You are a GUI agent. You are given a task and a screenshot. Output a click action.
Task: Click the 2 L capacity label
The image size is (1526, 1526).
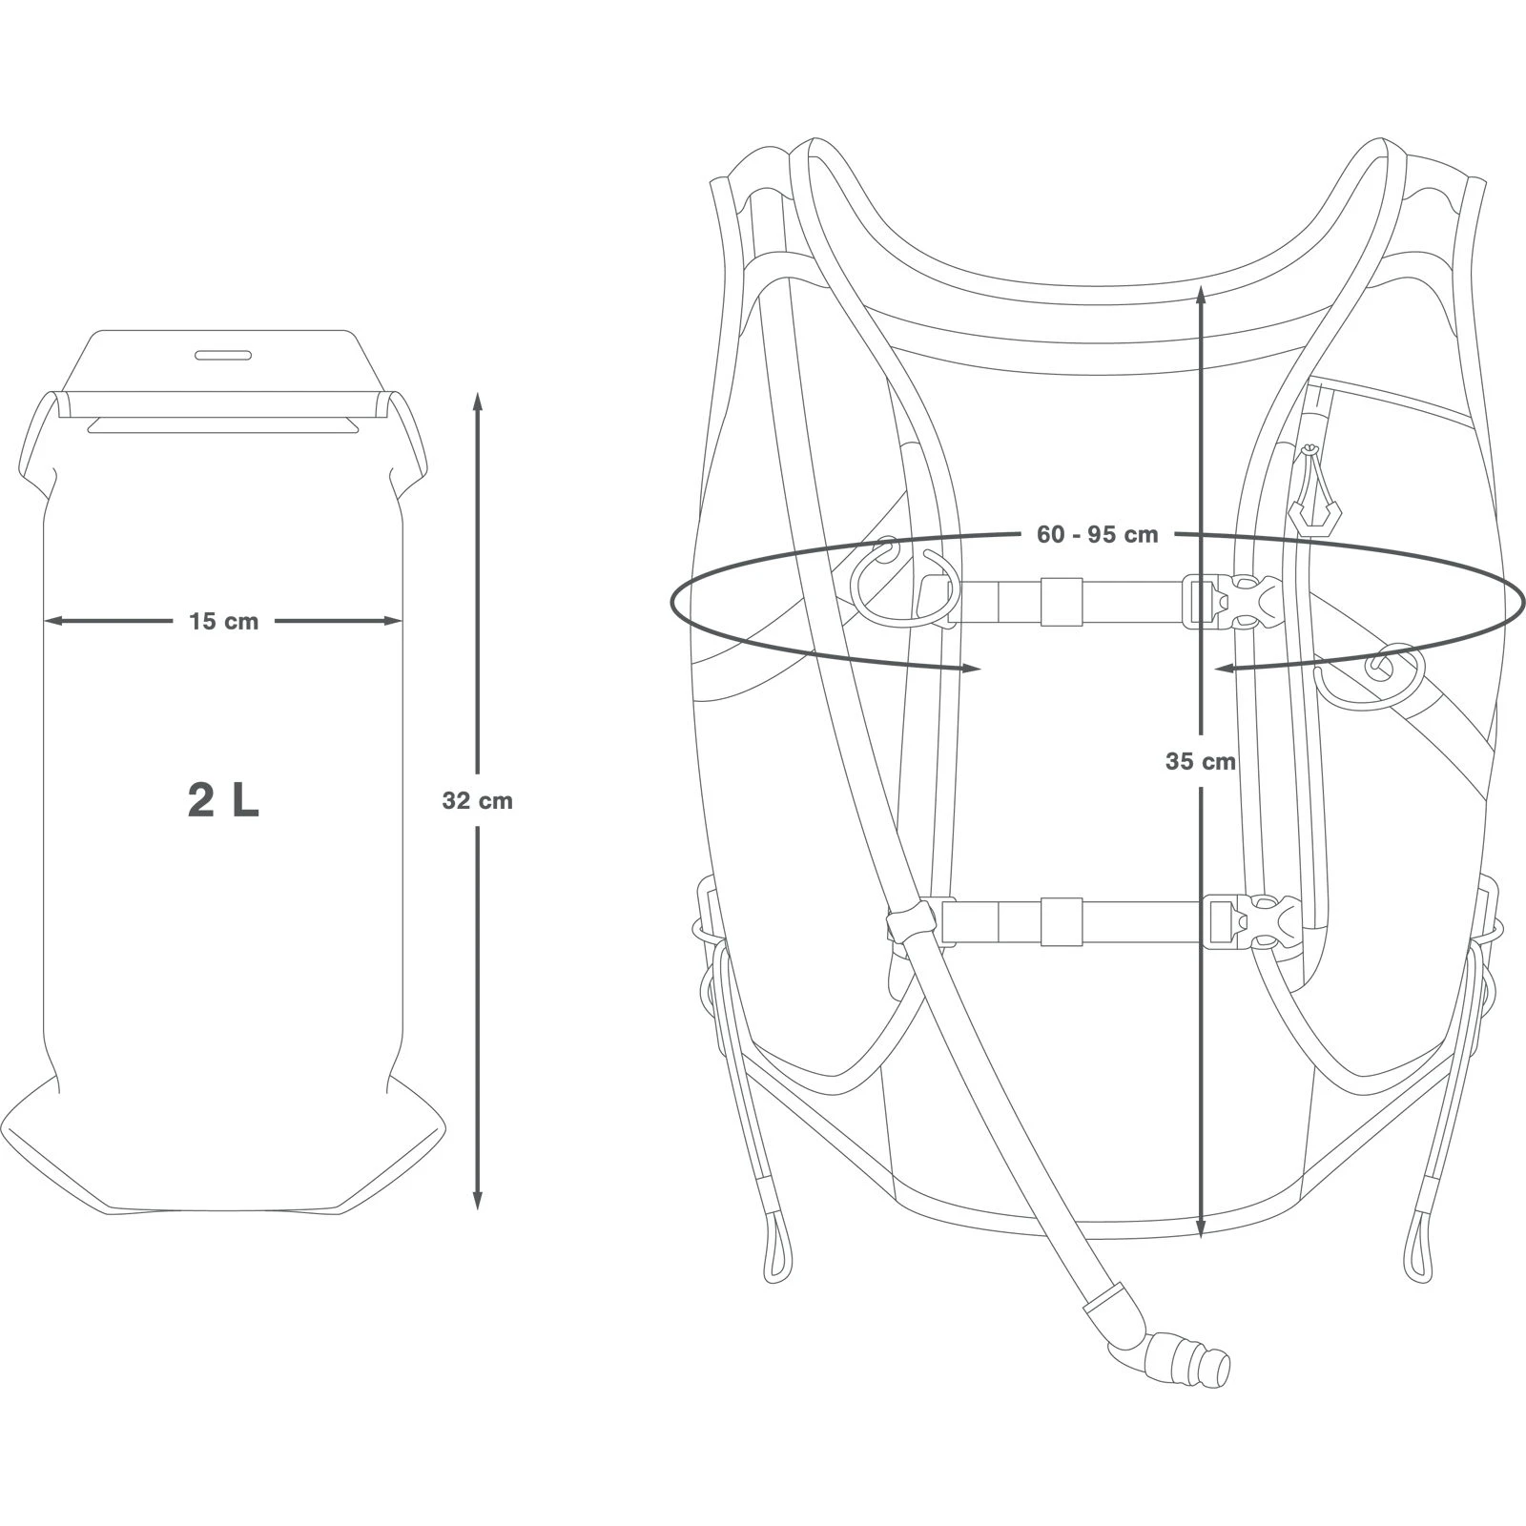pyautogui.click(x=223, y=802)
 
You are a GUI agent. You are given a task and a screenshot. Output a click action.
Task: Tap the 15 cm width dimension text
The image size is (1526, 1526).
pyautogui.click(x=223, y=622)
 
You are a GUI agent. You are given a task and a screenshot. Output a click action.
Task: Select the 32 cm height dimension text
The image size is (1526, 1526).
pyautogui.click(x=477, y=801)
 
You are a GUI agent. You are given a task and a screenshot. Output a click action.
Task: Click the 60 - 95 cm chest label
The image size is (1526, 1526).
pyautogui.click(x=1097, y=535)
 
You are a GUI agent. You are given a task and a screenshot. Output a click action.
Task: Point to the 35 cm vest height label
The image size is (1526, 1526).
pyautogui.click(x=1201, y=761)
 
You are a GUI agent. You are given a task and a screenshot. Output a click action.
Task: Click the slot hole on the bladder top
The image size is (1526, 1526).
pyautogui.click(x=224, y=356)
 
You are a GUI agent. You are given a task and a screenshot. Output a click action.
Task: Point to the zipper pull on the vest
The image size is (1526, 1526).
pyautogui.click(x=1313, y=491)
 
